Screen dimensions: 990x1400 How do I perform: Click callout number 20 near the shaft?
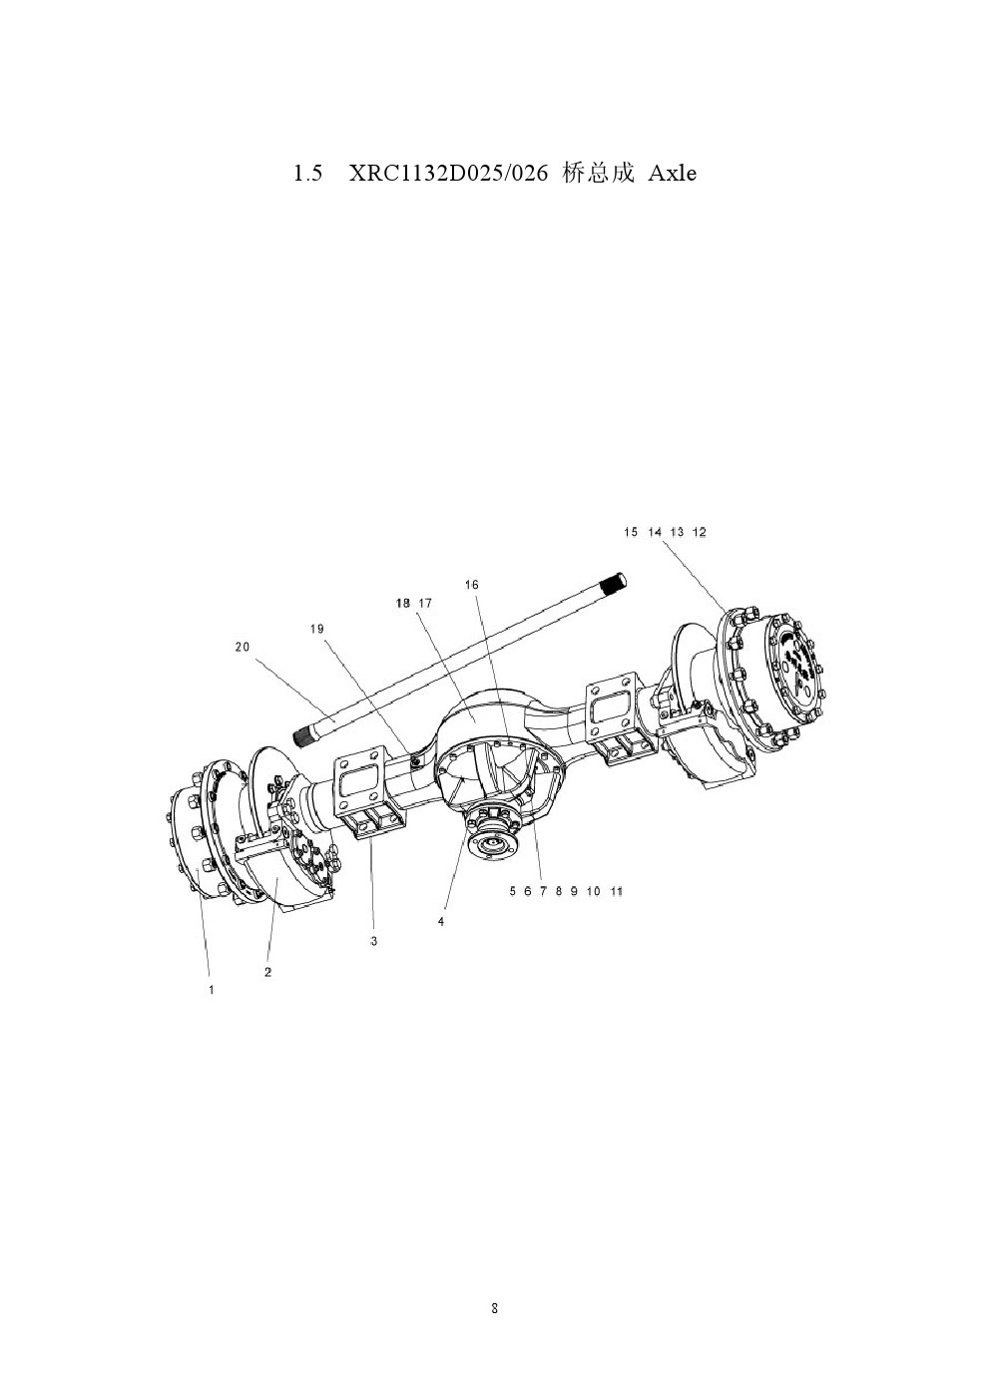coord(242,647)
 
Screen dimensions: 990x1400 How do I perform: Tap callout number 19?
coord(317,628)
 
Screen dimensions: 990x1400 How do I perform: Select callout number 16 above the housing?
coord(471,585)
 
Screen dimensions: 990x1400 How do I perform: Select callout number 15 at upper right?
coord(631,532)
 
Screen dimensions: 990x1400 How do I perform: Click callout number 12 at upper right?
coord(700,532)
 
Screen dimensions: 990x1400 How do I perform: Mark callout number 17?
coord(425,603)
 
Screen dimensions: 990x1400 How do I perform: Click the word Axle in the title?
coord(672,173)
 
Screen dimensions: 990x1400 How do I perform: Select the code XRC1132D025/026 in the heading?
coord(448,173)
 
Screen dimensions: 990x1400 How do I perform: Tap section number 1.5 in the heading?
coord(307,173)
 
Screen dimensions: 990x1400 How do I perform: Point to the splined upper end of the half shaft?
coord(613,584)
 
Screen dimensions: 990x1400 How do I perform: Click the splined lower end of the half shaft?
coord(306,735)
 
